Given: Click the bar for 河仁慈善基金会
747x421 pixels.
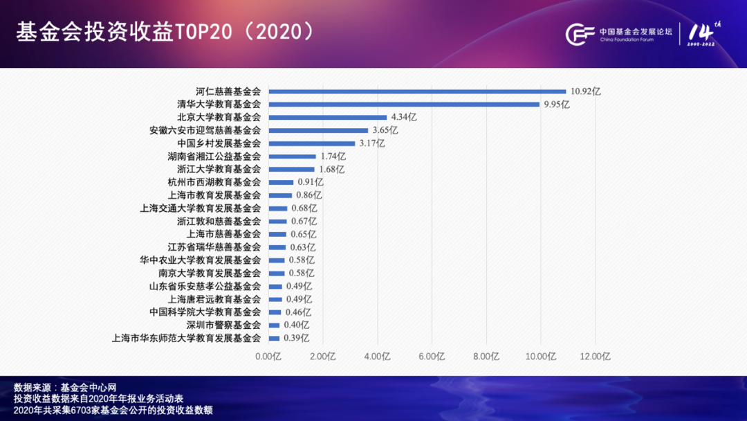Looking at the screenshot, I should coord(417,91).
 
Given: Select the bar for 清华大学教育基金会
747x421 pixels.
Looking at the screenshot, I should coord(404,105).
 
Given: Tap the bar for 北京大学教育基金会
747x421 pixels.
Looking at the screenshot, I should coord(328,117).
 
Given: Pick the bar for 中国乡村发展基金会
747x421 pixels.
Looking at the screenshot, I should coord(312,143).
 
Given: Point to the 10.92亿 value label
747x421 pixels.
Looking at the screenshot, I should coord(586,91).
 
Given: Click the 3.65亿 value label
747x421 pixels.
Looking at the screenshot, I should coord(385,130).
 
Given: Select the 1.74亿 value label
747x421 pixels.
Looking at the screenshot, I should coord(333,156).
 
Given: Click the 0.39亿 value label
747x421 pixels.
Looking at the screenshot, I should coord(296,338).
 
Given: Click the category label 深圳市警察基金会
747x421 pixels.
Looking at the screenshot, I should coord(223,325).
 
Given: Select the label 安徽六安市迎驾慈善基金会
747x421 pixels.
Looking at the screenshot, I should coord(205,130).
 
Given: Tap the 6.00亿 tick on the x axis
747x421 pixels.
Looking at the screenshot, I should coord(432,357).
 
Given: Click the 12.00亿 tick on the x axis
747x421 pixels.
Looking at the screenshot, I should coord(596,357).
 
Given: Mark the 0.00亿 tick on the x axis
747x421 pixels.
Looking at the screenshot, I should coord(268,357).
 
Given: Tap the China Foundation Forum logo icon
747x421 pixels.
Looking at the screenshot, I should coord(580,34).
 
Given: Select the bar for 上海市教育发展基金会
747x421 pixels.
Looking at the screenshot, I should coord(280,195).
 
